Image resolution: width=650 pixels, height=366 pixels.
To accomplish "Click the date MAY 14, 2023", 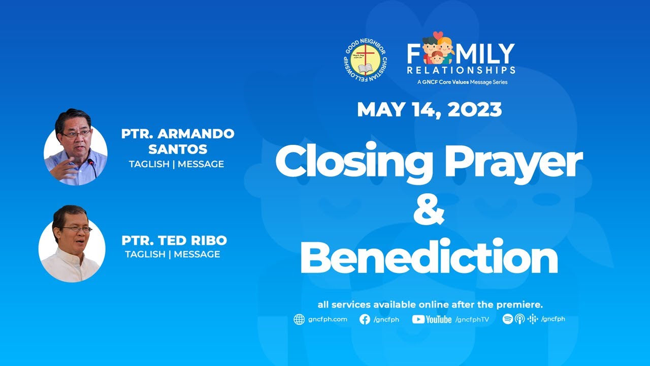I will (429, 110).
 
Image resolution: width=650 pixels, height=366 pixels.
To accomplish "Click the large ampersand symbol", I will (429, 209).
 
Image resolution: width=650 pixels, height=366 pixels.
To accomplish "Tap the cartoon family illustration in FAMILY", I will (438, 48).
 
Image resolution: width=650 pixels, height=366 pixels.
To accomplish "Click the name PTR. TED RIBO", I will (174, 240).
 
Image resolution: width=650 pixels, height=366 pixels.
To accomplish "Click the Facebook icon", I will (365, 319).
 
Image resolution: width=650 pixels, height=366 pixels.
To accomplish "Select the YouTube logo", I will (432, 319).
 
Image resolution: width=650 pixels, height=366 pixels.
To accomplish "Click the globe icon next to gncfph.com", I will (299, 319).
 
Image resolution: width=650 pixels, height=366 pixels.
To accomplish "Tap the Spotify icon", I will (507, 319).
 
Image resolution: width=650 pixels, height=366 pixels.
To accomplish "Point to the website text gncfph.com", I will (328, 319).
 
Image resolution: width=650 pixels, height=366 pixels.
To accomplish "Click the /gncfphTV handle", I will (472, 319).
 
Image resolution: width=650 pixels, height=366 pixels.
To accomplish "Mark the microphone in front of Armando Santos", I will (91, 166).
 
